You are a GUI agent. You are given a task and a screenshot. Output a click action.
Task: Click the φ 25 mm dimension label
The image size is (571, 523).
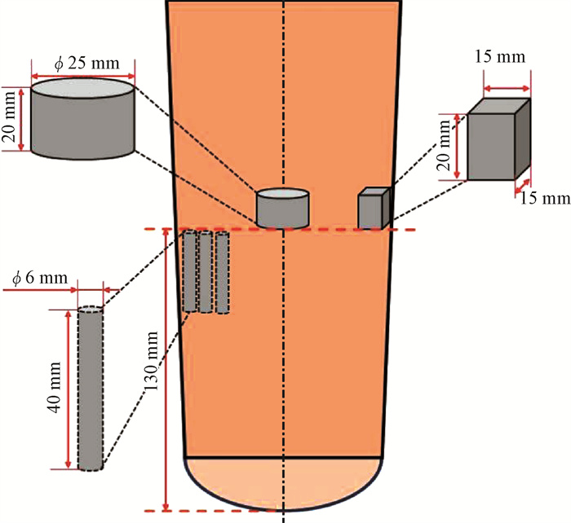click(x=87, y=64)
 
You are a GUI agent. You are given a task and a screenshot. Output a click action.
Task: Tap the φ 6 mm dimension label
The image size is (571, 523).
click(x=40, y=279)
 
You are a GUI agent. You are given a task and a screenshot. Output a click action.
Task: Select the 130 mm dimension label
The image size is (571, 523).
click(x=152, y=361)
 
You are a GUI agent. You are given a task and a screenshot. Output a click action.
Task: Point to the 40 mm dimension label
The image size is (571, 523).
click(x=55, y=387)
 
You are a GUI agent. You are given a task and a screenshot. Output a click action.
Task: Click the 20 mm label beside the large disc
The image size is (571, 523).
click(x=10, y=117)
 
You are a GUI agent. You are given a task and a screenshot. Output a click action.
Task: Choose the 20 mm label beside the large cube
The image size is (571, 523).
click(x=444, y=146)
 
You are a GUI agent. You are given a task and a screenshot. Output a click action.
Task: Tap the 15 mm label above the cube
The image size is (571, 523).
click(x=499, y=57)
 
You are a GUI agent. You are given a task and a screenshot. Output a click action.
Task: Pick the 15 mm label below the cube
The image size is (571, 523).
click(x=545, y=199)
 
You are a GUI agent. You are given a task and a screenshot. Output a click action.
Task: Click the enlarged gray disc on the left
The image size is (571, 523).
click(x=83, y=119)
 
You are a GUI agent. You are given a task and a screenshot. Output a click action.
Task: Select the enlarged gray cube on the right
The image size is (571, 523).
click(x=498, y=139)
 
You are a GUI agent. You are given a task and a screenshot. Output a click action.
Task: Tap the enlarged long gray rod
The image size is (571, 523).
click(x=91, y=389)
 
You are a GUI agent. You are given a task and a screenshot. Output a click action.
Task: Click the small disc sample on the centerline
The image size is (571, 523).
click(x=282, y=209)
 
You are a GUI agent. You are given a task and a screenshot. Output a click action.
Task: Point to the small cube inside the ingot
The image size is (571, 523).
click(x=374, y=208)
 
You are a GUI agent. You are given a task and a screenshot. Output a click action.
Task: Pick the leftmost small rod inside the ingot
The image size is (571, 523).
click(x=189, y=271)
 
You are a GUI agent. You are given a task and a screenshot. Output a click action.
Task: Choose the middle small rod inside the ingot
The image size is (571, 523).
click(x=206, y=272)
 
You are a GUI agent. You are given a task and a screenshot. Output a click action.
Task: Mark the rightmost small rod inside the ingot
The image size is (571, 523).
click(x=222, y=272)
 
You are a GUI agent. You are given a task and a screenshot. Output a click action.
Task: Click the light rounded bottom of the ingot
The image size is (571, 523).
click(x=283, y=483)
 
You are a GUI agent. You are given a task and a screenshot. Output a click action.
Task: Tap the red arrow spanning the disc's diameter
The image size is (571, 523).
click(x=83, y=76)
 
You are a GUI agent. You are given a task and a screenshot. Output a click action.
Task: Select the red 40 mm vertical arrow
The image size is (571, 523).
click(x=68, y=389)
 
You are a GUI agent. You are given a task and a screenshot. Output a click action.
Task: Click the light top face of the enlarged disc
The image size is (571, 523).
click(x=83, y=88)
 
